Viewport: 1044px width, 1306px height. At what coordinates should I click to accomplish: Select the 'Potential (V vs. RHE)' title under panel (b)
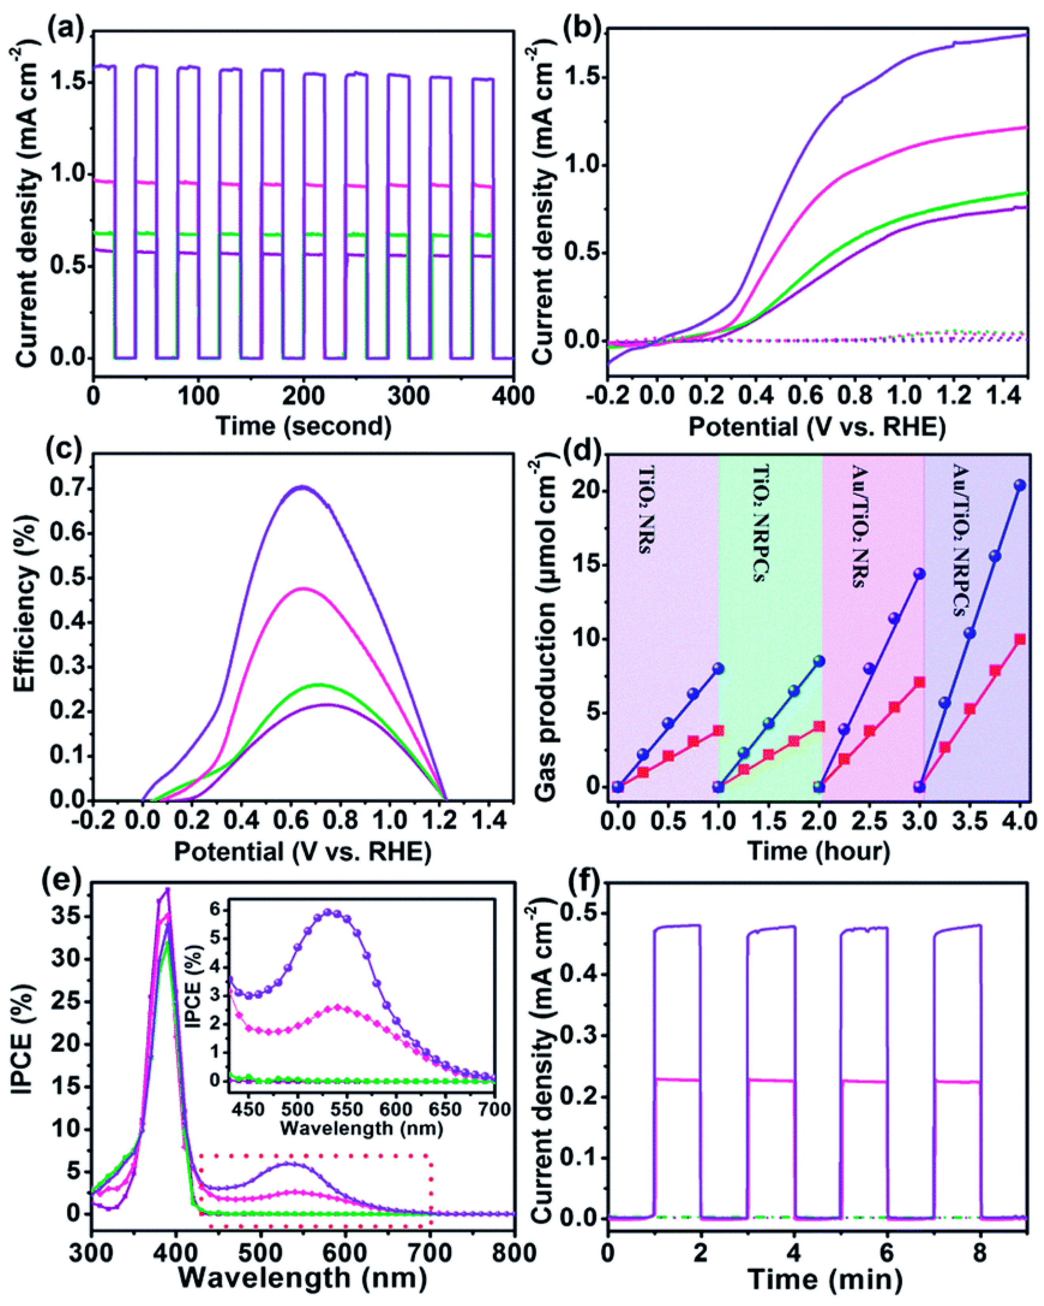coord(817,427)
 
